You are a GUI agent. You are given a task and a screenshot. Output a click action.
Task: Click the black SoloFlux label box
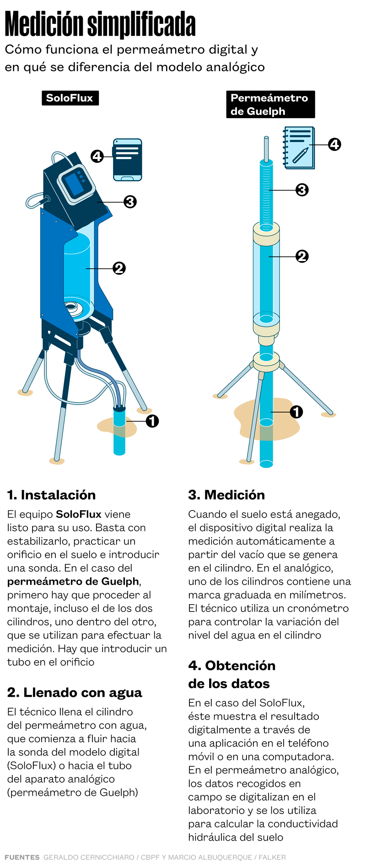click(70, 98)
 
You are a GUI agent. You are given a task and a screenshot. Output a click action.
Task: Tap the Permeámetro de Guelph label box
click(270, 104)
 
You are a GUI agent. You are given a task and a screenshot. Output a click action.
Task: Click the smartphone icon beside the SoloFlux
click(128, 160)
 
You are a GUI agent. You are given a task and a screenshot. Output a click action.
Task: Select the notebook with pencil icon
click(299, 148)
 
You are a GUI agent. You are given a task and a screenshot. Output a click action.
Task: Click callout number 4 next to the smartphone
click(97, 156)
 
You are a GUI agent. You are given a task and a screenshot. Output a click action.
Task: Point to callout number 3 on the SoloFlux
click(130, 202)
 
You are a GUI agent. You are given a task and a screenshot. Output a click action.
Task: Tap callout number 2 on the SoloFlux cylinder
click(119, 268)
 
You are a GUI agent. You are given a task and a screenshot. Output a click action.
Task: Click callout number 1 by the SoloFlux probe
click(152, 421)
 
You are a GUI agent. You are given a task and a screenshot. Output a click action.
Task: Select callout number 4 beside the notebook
click(335, 144)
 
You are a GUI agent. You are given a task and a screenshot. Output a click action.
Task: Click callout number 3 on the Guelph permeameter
click(302, 190)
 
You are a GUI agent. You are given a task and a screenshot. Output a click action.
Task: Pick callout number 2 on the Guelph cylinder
click(302, 256)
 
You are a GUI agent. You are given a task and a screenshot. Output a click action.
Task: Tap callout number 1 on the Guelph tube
click(296, 412)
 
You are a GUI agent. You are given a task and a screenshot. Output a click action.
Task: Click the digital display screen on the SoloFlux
click(73, 184)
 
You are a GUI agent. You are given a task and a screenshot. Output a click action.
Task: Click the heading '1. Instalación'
click(51, 495)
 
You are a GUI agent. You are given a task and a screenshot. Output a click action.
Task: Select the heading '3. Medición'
click(226, 495)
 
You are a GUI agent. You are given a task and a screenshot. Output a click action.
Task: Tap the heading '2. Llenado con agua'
click(75, 693)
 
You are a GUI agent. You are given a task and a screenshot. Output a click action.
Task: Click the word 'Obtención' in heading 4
click(240, 666)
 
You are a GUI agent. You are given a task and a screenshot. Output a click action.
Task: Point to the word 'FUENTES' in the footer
click(22, 857)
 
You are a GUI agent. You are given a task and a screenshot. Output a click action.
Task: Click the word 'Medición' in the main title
click(44, 25)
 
